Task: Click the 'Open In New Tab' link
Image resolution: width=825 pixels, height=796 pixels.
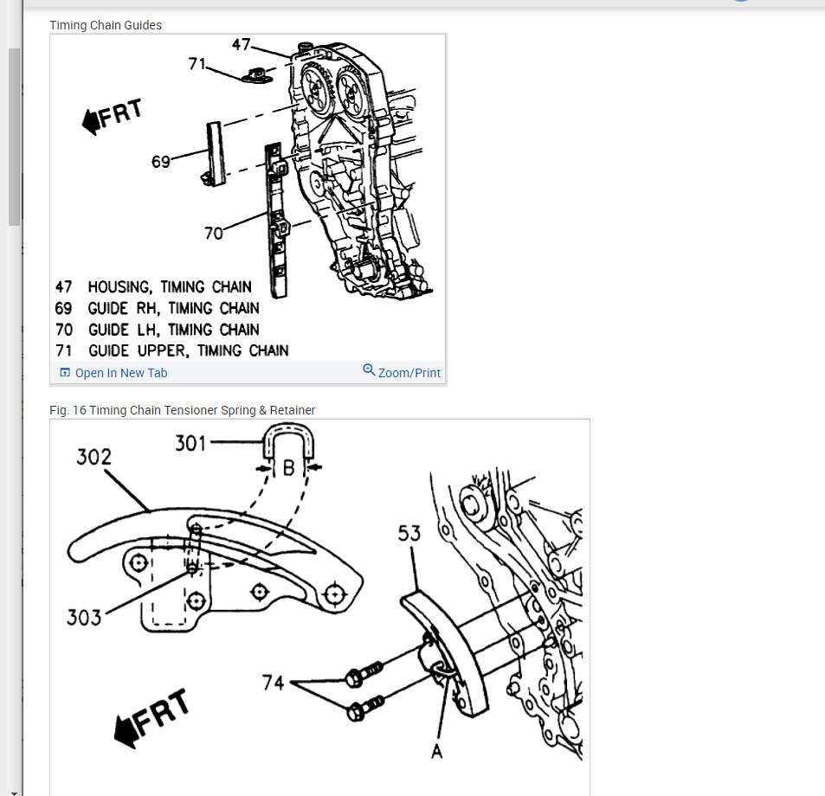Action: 113,373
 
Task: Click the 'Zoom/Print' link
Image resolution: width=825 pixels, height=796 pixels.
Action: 403,373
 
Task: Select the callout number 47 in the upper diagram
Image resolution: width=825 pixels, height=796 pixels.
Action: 242,43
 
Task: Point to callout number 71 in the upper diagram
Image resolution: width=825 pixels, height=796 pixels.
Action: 197,63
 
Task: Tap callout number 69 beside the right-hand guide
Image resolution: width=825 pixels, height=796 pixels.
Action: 161,161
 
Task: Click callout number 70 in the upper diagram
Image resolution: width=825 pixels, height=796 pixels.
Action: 214,232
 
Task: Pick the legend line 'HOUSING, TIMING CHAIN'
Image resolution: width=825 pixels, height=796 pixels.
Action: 169,286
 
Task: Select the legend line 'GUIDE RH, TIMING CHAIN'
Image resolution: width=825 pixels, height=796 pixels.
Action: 172,308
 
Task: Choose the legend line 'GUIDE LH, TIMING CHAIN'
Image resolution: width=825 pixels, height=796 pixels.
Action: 172,330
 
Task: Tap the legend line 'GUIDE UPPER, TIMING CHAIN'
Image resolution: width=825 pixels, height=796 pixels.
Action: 187,350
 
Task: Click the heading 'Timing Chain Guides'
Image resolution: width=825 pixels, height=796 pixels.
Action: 106,25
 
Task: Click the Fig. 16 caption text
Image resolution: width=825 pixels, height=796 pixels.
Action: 183,410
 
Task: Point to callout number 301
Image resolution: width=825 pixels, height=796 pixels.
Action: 190,444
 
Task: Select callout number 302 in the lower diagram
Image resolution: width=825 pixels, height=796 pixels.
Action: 93,456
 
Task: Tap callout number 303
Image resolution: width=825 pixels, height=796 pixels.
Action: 84,617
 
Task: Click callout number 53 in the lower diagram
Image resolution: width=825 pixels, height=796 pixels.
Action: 409,533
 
